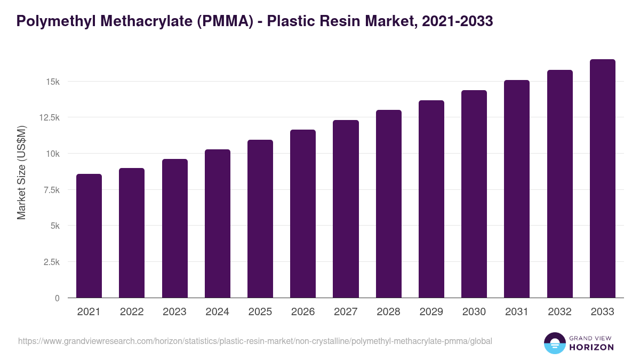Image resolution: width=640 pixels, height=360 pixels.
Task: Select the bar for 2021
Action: (89, 236)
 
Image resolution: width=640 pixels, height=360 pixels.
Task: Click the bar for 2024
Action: (218, 223)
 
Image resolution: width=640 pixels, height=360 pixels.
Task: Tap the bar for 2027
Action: (346, 209)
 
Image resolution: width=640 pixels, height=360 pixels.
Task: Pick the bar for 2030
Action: (474, 194)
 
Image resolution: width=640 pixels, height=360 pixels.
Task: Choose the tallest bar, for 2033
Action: (602, 178)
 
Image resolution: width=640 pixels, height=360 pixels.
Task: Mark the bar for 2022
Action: (132, 233)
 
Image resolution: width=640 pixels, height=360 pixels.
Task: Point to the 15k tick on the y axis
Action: (52, 82)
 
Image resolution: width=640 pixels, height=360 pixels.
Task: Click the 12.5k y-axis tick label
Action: (48, 117)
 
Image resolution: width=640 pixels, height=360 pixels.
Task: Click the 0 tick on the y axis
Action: (57, 298)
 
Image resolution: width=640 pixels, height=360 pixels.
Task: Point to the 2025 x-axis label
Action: (260, 312)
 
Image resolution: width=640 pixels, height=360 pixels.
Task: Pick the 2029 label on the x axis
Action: (431, 312)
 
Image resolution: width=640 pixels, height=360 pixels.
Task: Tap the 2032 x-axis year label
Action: (559, 312)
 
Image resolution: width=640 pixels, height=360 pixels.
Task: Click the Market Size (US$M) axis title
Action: (21, 173)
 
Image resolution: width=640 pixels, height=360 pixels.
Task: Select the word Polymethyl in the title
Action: (51, 21)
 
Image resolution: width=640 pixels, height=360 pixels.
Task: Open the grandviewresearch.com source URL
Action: (255, 341)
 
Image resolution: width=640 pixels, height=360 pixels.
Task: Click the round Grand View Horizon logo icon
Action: (554, 343)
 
